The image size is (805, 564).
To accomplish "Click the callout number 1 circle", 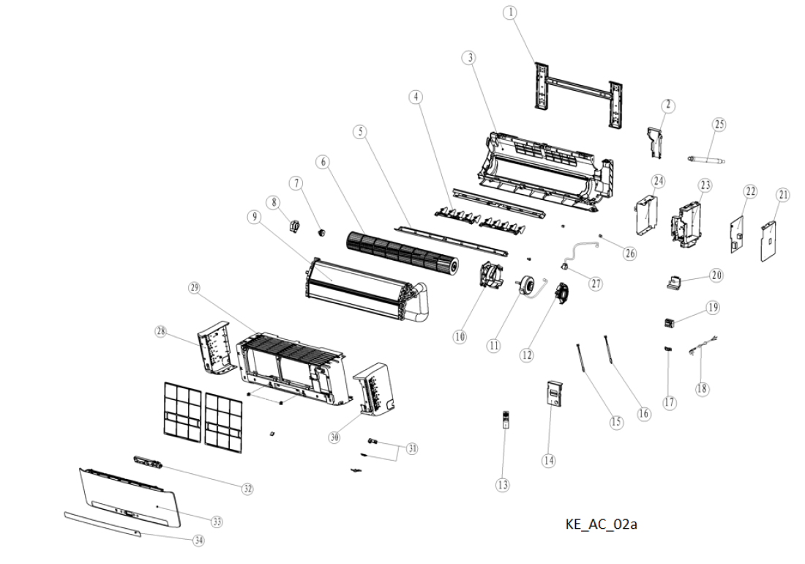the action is [x=510, y=13].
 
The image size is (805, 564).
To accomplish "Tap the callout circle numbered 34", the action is [x=198, y=541].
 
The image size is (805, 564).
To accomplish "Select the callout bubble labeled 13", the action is [x=503, y=484].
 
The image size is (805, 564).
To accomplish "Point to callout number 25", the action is [x=719, y=125].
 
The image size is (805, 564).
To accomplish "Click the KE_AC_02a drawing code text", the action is [x=601, y=524].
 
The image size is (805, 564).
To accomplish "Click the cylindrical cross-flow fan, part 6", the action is [x=402, y=251].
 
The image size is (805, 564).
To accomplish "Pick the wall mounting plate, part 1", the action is [x=579, y=95].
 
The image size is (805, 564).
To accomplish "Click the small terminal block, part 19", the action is [x=669, y=323].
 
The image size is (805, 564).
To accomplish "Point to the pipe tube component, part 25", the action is [x=706, y=160].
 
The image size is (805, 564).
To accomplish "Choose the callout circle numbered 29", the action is [x=194, y=288].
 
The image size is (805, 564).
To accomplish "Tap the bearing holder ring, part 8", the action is [x=295, y=225].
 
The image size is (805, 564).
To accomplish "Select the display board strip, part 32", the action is [x=148, y=461].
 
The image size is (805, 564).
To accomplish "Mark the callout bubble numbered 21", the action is [x=783, y=195].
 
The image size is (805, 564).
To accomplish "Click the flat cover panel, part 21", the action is [x=768, y=240].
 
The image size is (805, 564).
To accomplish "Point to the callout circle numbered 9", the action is [x=254, y=217].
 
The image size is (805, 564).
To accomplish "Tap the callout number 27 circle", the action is [x=596, y=283].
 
